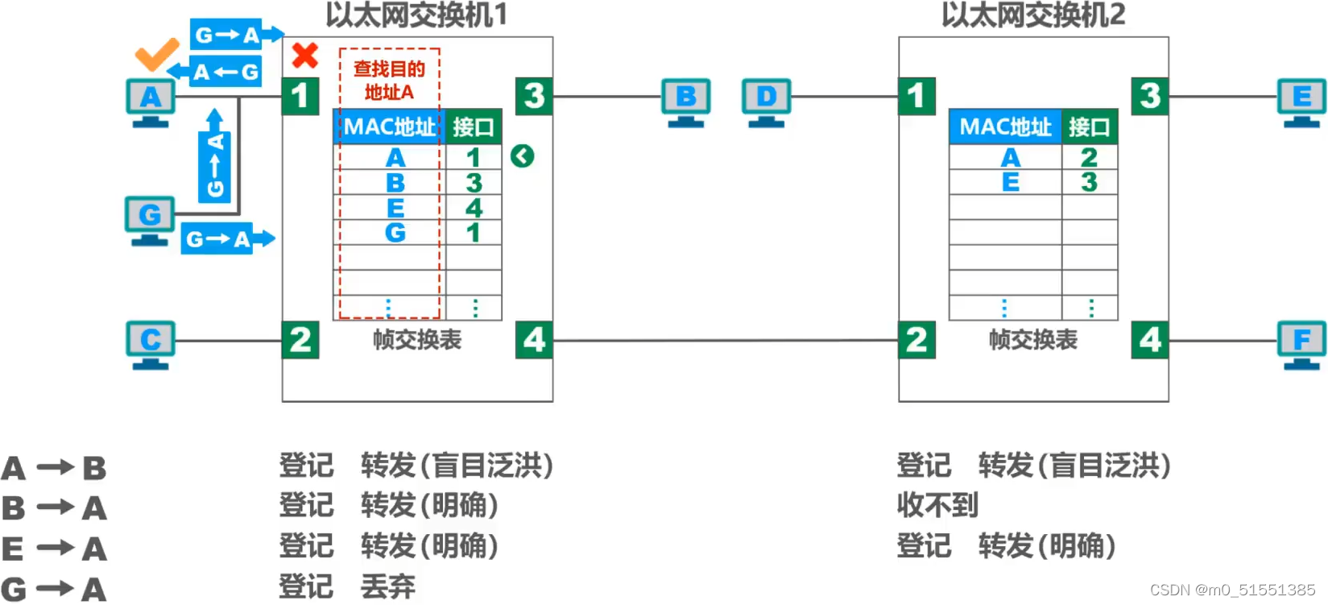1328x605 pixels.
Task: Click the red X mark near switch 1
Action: pyautogui.click(x=304, y=56)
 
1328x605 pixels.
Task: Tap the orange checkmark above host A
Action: pyautogui.click(x=156, y=55)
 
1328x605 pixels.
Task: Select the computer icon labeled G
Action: pyautogui.click(x=150, y=220)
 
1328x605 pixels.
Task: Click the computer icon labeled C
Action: pyautogui.click(x=150, y=344)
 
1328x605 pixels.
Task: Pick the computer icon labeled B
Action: pyautogui.click(x=685, y=102)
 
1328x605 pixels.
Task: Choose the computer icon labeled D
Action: pyautogui.click(x=766, y=102)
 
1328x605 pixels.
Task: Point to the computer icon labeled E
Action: pyautogui.click(x=1301, y=102)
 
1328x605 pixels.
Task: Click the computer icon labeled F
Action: pyautogui.click(x=1301, y=344)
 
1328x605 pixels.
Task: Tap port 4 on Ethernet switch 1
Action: pyautogui.click(x=534, y=340)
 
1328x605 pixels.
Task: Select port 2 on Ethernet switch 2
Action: pyautogui.click(x=916, y=340)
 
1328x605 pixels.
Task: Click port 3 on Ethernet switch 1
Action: pyautogui.click(x=534, y=96)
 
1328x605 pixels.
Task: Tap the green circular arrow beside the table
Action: pyautogui.click(x=523, y=155)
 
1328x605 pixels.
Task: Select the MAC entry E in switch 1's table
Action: pyautogui.click(x=395, y=208)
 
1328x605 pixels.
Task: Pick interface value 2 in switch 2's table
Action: pyautogui.click(x=1089, y=157)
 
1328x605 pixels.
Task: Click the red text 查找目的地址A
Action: pyautogui.click(x=389, y=81)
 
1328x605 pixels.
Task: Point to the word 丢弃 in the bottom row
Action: pyautogui.click(x=387, y=586)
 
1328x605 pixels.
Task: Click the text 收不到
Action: pyautogui.click(x=937, y=506)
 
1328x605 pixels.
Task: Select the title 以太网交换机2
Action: pyautogui.click(x=1033, y=15)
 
